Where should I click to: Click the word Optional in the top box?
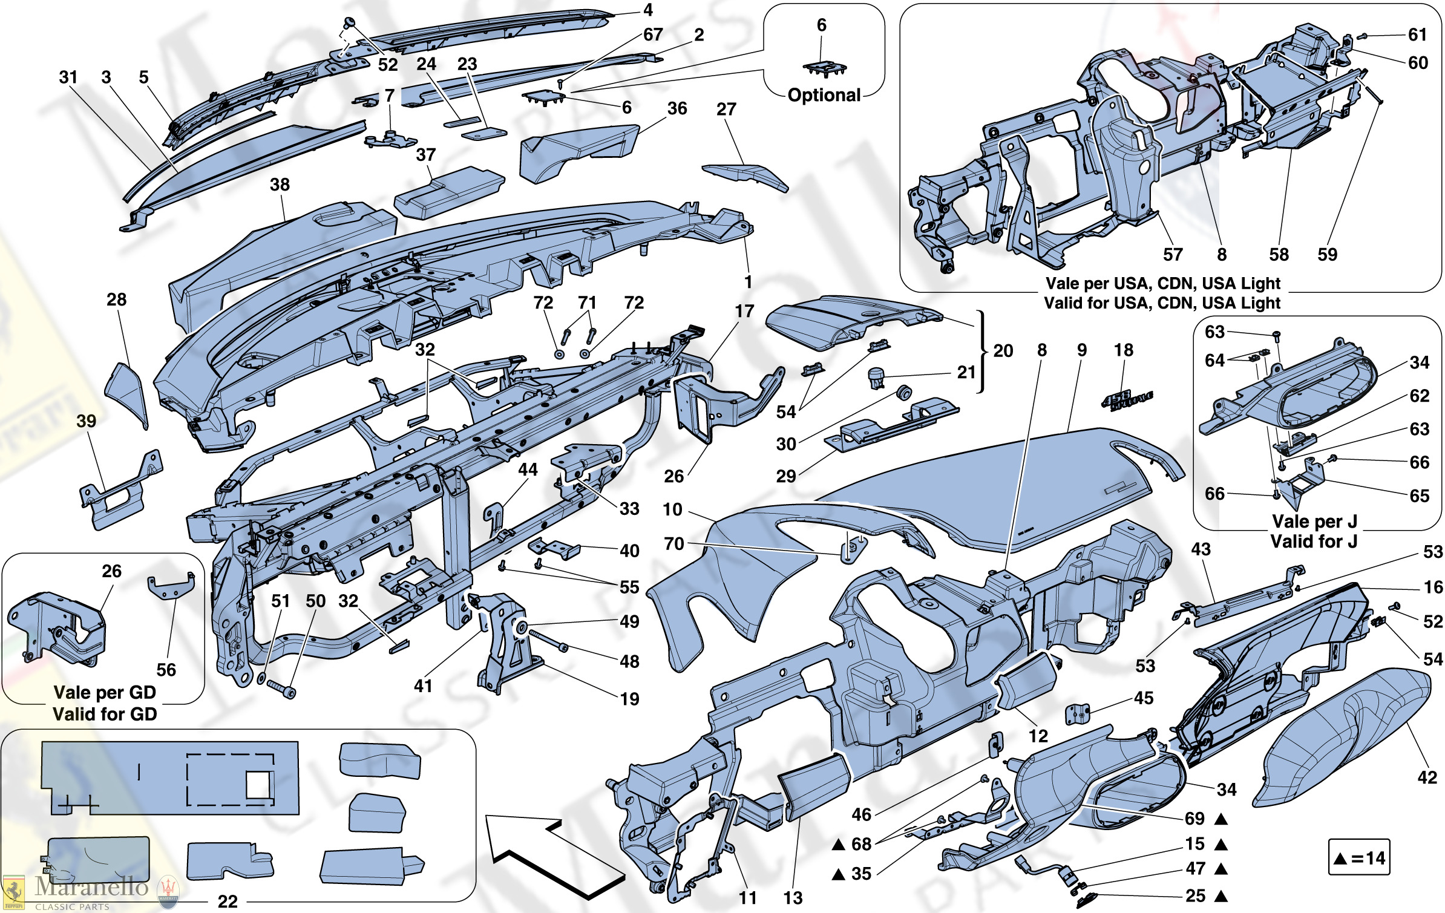tap(824, 96)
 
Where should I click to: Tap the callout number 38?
tap(280, 185)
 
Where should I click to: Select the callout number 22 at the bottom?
tap(228, 902)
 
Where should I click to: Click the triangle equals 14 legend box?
tap(1358, 857)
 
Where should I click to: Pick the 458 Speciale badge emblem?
tap(1127, 400)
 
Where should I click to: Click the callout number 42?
tap(1427, 777)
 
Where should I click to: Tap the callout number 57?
tap(1172, 255)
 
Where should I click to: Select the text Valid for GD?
tap(105, 715)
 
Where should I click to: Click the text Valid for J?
tap(1314, 542)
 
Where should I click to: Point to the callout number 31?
tap(68, 77)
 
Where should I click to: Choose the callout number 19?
tap(629, 699)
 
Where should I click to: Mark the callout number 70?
tap(673, 544)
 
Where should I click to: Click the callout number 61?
tap(1418, 35)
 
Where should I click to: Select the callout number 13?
tap(793, 898)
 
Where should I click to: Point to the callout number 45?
tap(1143, 698)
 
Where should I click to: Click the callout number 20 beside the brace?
tap(1003, 351)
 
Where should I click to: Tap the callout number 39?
tap(87, 421)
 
